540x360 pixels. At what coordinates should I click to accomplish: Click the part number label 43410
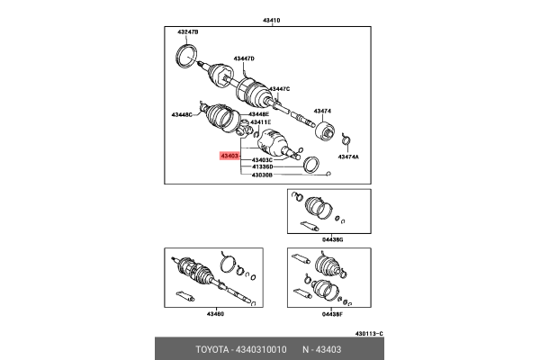pyautogui.click(x=270, y=20)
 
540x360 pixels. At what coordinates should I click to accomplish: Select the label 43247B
pyautogui.click(x=187, y=32)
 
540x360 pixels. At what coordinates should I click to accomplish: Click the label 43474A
pyautogui.click(x=348, y=157)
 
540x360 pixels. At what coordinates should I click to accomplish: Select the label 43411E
pyautogui.click(x=259, y=122)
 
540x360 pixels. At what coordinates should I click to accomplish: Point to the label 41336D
pyautogui.click(x=262, y=167)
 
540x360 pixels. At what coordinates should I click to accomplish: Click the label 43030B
pyautogui.click(x=262, y=175)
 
